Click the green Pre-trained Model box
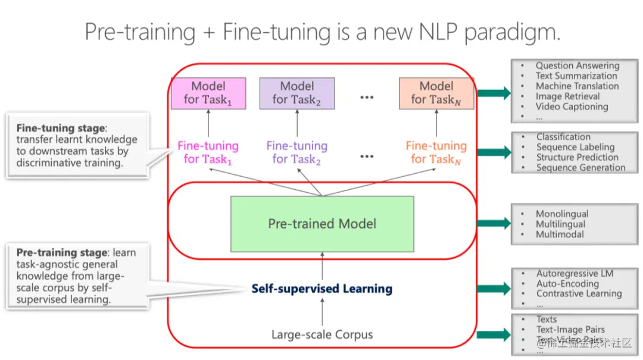click(x=322, y=224)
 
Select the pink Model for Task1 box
click(x=208, y=93)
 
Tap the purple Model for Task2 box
click(x=296, y=93)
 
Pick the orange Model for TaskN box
click(x=436, y=93)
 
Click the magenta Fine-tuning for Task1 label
click(x=208, y=152)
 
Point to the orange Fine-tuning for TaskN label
click(x=436, y=152)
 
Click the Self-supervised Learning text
click(x=321, y=289)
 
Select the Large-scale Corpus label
click(x=322, y=334)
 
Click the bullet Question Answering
click(x=577, y=65)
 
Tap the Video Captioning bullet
click(x=572, y=107)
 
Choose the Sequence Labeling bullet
click(x=575, y=147)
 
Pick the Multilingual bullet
click(x=560, y=224)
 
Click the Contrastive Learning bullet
click(x=579, y=293)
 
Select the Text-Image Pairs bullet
click(x=570, y=330)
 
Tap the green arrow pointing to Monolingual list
click(x=494, y=224)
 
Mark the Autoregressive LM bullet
click(x=574, y=274)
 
